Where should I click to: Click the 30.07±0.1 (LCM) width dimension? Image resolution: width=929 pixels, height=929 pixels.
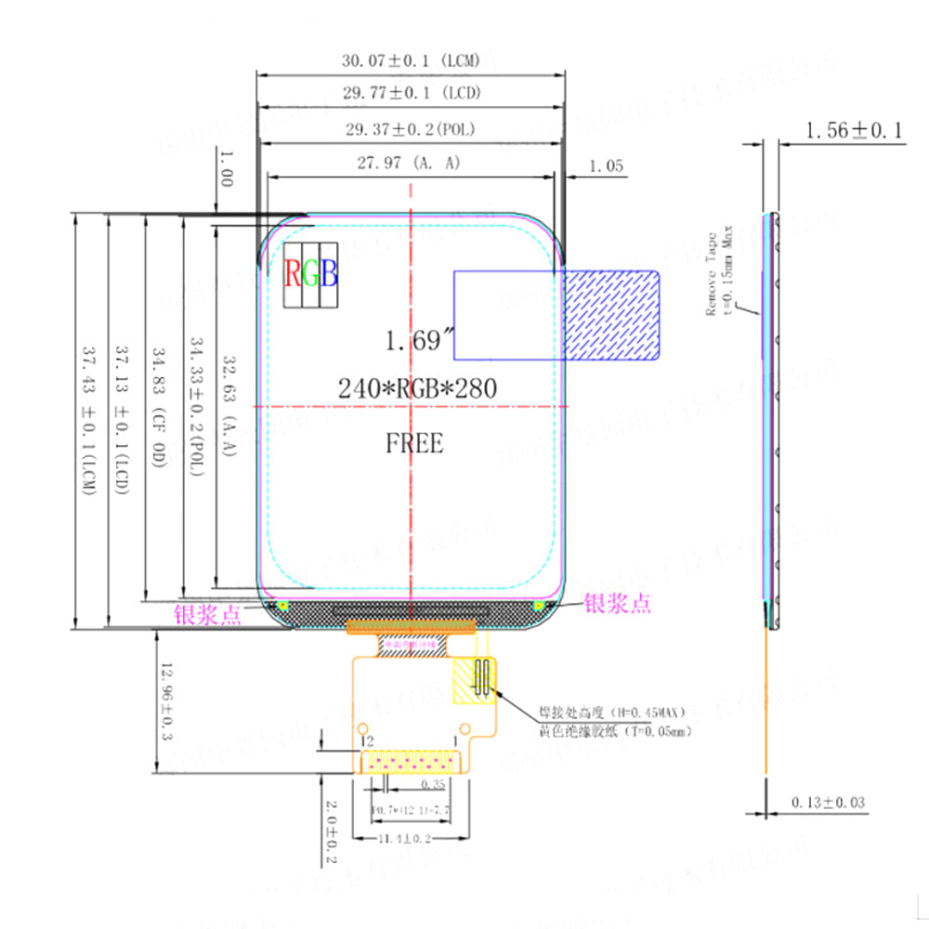pyautogui.click(x=411, y=61)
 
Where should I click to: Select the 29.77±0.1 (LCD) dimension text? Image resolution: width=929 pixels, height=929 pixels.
pyautogui.click(x=411, y=93)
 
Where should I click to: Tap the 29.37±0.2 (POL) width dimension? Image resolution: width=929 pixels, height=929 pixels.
pyautogui.click(x=411, y=128)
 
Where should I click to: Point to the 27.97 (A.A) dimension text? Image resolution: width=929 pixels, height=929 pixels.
pyautogui.click(x=410, y=163)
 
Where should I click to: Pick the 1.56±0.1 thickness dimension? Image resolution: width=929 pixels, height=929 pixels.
pyautogui.click(x=854, y=131)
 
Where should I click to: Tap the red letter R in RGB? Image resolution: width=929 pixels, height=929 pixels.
pyautogui.click(x=293, y=273)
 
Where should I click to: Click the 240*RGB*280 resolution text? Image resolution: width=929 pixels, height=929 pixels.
pyautogui.click(x=416, y=388)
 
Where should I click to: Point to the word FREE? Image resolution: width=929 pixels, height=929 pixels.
pyautogui.click(x=414, y=443)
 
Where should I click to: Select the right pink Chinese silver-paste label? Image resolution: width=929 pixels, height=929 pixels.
pyautogui.click(x=617, y=604)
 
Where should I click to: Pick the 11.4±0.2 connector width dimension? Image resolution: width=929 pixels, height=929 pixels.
pyautogui.click(x=410, y=839)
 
